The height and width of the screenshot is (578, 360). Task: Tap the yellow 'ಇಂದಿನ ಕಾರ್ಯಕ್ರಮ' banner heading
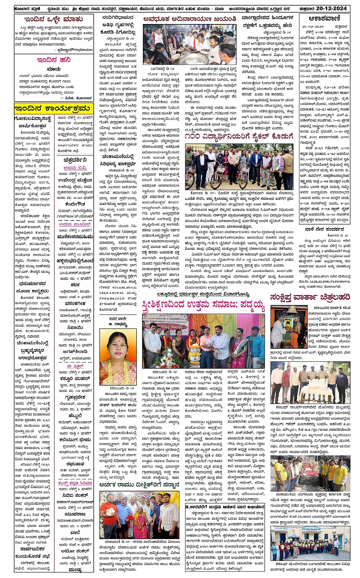point(53,109)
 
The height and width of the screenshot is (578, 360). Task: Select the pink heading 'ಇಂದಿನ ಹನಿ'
point(53,60)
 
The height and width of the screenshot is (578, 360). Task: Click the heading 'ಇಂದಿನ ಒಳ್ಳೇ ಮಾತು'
point(53,19)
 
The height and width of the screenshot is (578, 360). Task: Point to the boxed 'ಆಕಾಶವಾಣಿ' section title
point(325,18)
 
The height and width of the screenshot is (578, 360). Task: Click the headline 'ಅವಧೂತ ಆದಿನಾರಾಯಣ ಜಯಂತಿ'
point(190,18)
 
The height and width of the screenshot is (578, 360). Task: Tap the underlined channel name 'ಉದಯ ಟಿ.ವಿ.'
point(75,168)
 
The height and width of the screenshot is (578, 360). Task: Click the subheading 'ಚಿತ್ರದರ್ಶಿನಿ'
point(75,160)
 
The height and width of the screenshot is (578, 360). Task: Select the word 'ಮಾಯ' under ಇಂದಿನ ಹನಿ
point(54,69)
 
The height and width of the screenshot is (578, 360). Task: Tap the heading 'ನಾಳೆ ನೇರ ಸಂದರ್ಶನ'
point(325,229)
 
